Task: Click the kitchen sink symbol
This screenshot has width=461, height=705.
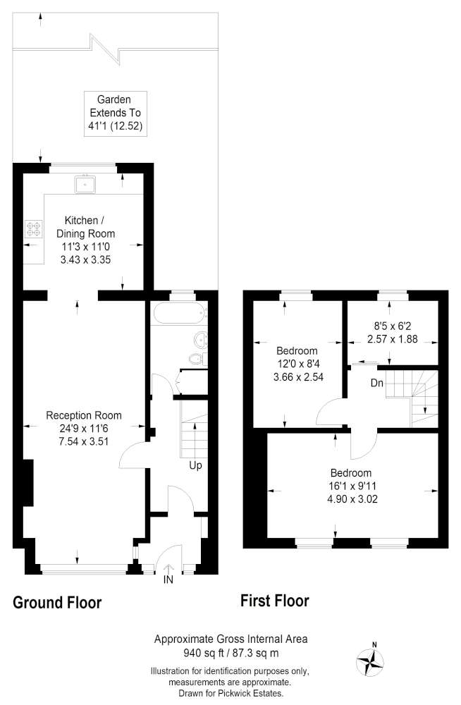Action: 85,184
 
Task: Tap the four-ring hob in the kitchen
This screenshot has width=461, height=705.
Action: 33,228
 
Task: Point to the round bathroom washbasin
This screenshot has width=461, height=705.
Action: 201,340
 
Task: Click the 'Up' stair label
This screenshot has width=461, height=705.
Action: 195,465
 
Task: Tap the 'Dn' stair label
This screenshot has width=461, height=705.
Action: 377,383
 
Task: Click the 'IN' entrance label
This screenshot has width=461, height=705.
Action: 168,580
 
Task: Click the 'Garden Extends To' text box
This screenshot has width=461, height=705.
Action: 116,114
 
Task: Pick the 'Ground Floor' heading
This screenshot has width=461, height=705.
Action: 57,603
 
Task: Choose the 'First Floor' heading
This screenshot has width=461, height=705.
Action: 275,601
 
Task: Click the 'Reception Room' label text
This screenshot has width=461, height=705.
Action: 84,415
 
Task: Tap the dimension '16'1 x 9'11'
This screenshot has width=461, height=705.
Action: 352,486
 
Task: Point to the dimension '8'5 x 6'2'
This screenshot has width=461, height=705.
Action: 393,326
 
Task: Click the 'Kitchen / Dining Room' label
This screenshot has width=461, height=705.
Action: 85,227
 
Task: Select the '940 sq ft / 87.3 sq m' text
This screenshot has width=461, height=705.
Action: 230,652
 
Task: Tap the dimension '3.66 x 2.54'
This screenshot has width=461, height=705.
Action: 298,377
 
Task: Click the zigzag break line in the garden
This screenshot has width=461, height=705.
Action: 106,49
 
